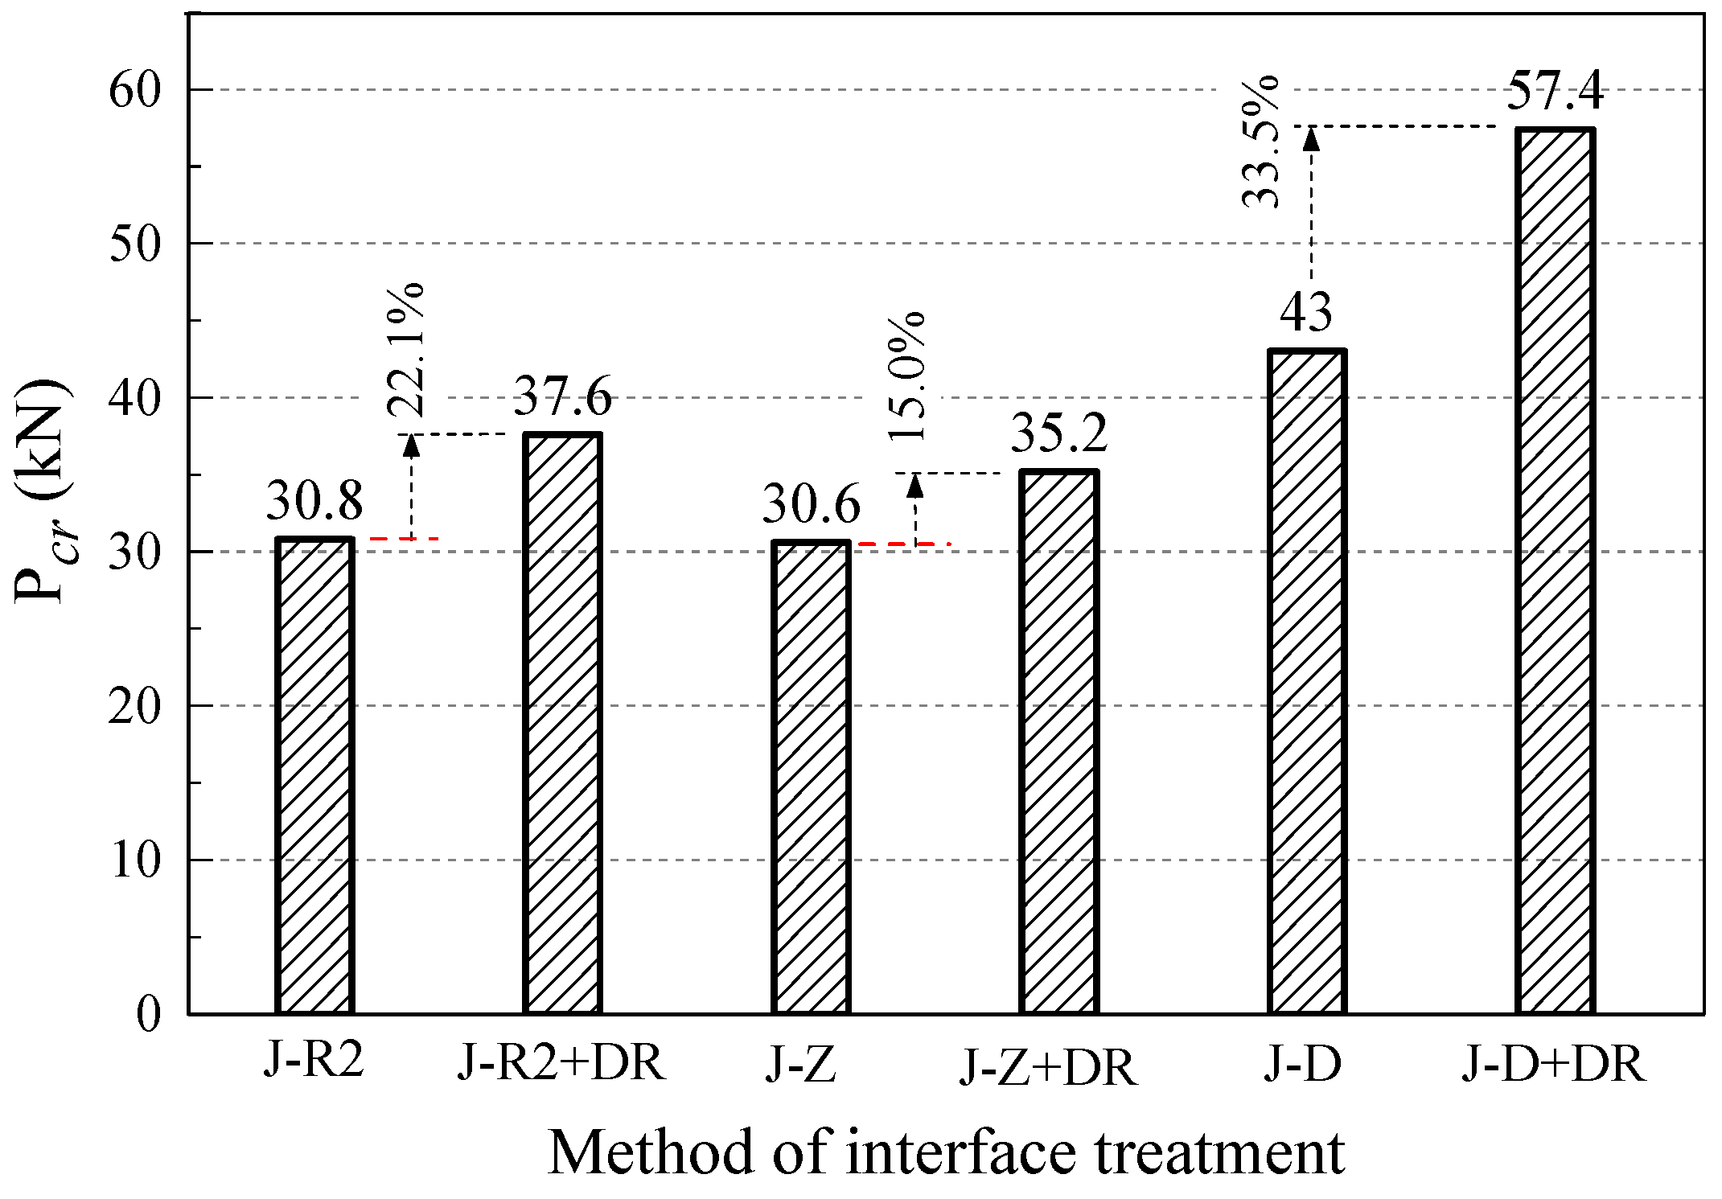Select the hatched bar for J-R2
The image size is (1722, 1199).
point(314,775)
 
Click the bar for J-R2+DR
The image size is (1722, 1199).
point(562,723)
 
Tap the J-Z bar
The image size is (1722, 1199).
point(810,777)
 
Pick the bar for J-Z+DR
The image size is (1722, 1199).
point(1058,741)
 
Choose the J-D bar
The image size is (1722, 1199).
point(1306,681)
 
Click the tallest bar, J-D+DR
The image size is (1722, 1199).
point(1554,570)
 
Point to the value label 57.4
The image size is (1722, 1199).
point(1554,90)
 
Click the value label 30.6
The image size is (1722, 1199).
point(810,505)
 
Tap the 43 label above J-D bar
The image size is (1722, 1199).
point(1306,312)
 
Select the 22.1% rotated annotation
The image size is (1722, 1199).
point(405,349)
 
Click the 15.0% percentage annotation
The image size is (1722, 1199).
point(907,376)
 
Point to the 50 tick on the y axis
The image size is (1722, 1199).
point(135,244)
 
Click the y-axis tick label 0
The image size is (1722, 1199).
point(148,1014)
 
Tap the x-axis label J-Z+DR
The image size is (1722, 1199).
point(1048,1067)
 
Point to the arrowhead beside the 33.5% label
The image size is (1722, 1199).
point(1311,139)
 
